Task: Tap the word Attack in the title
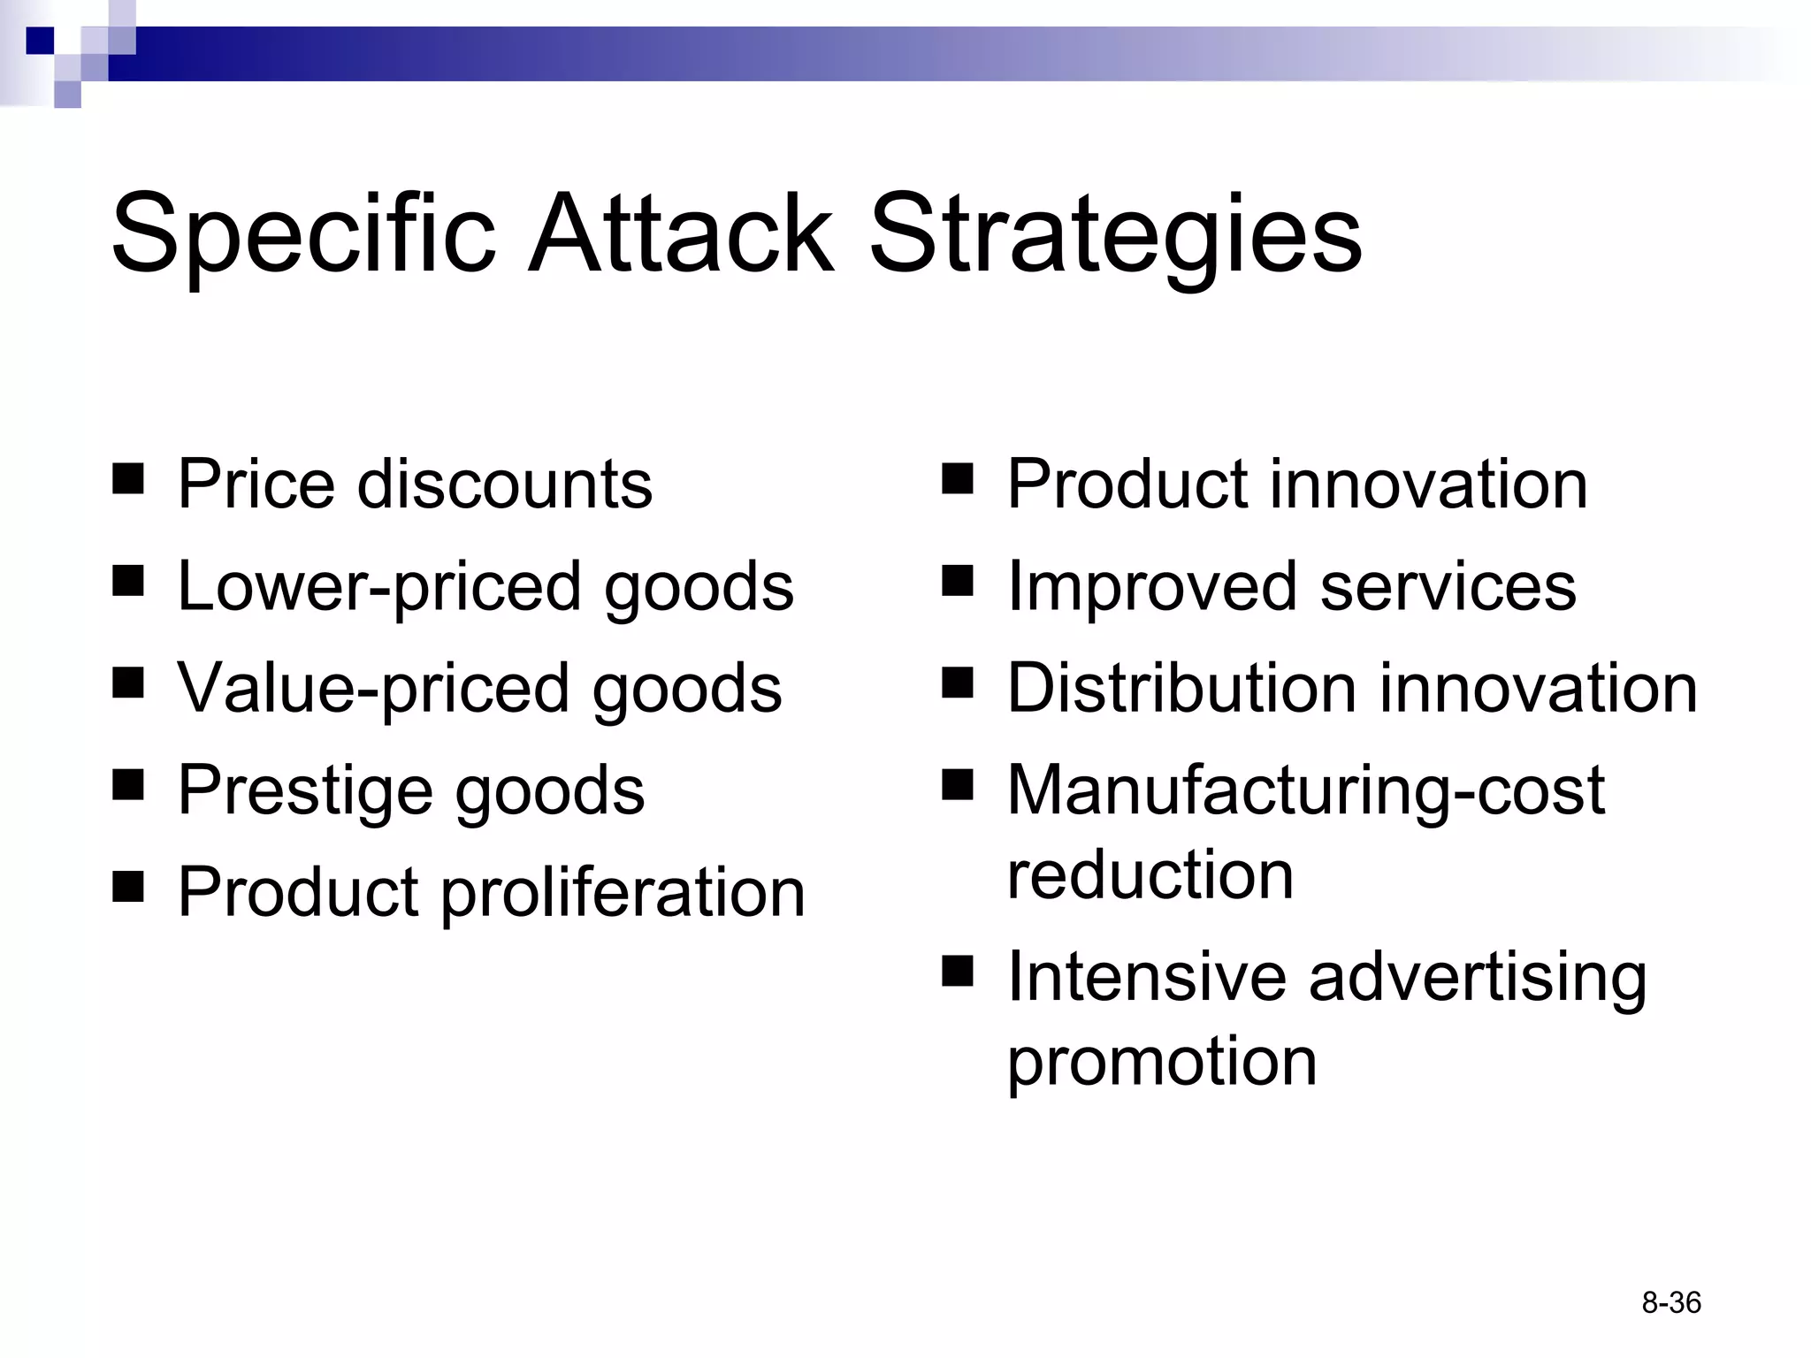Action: (681, 233)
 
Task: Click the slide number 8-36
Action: (1671, 1302)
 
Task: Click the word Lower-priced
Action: (379, 587)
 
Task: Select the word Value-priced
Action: (373, 689)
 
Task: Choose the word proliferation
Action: (623, 893)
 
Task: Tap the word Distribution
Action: (1181, 688)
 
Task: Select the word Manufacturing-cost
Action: (1305, 790)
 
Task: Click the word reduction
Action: (1150, 874)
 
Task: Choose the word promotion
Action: (1162, 1062)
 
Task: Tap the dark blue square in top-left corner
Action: (40, 41)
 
